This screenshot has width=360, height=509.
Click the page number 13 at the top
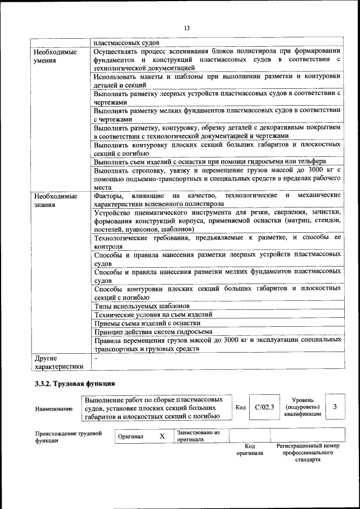pos(187,28)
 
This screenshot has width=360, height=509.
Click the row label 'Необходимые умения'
pos(55,56)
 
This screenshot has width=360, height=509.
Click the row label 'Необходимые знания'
pos(55,200)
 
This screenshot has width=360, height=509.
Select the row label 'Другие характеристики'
pos(58,362)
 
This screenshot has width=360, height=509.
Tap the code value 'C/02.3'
pos(264,408)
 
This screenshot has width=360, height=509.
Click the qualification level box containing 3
pos(335,407)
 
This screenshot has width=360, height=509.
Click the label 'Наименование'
pos(53,409)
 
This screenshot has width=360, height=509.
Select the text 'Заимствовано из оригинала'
pos(198,436)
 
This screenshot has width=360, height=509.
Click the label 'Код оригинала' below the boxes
pos(250,449)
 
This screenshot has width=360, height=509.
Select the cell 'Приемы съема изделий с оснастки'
pos(147,323)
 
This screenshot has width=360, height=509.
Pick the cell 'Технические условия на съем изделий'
pos(152,314)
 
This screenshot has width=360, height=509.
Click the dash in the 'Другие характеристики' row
pos(96,358)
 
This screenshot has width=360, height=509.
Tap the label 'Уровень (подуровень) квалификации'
pos(303,407)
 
